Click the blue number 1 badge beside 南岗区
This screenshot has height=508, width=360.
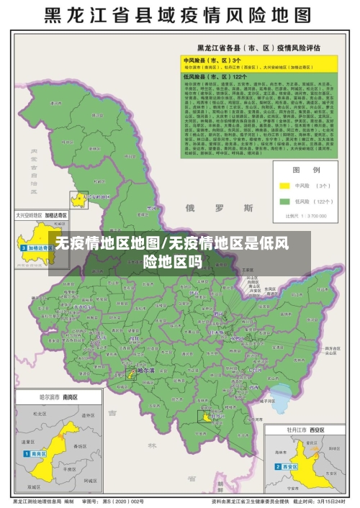click(27, 455)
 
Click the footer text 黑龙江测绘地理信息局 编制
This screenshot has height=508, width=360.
click(43, 502)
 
